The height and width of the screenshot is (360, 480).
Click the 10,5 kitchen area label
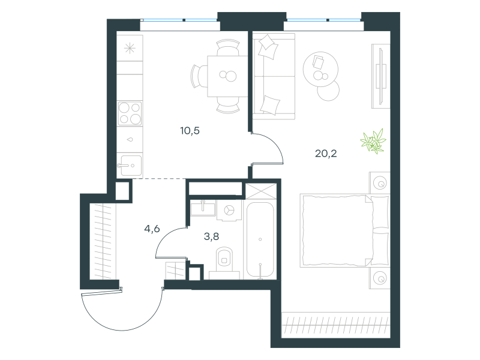coord(190,131)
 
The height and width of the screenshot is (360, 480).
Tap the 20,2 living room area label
coord(326,153)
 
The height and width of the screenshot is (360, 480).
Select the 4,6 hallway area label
coord(152,229)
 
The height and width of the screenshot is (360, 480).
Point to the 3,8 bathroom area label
coord(211,236)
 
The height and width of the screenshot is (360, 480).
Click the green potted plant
coord(373,141)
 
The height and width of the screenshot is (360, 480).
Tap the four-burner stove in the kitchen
coord(130,113)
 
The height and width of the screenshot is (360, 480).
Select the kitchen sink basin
coord(131,166)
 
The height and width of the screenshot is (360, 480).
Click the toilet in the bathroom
coord(224,260)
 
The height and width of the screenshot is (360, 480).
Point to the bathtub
coord(260,239)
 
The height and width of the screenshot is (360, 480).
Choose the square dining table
coord(227,76)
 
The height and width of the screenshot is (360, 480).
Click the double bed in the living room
coord(344,230)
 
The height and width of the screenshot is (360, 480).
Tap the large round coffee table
coord(320,69)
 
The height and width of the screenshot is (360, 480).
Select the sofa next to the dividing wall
coord(274,76)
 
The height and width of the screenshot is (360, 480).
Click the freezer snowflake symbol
coord(130,49)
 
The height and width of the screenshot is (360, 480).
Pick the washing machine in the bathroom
coord(229,211)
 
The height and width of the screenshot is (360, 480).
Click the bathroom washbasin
coord(203,208)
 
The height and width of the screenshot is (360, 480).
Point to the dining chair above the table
coord(228,47)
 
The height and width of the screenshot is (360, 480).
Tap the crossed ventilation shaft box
coord(261,191)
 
